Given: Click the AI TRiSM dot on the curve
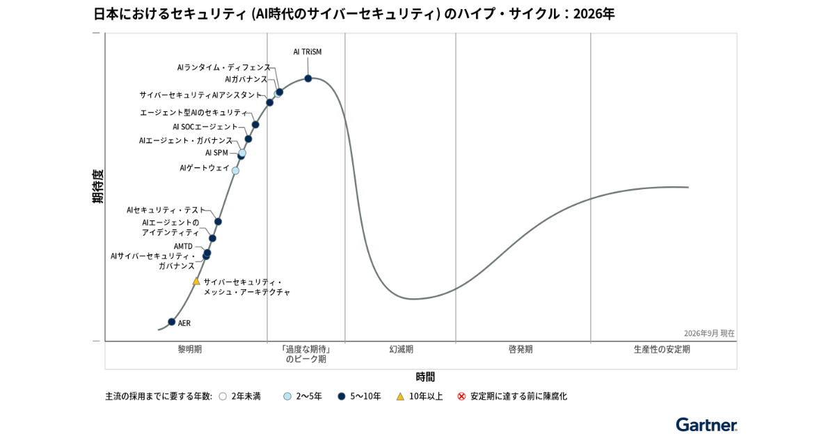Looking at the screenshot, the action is [308, 79].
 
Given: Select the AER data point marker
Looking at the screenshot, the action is [171, 322].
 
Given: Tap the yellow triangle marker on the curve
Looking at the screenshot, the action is [196, 282].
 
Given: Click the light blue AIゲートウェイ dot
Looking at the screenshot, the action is [235, 170].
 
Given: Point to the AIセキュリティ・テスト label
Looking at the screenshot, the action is [166, 210].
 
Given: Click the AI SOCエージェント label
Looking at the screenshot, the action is [205, 127].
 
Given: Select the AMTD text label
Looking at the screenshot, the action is [183, 247].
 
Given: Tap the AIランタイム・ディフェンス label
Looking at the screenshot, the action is [223, 67].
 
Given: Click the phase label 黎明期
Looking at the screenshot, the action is [190, 349].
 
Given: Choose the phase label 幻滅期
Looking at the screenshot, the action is [401, 349].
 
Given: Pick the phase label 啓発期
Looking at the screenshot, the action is [520, 349].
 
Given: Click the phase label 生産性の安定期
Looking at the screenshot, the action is [662, 349].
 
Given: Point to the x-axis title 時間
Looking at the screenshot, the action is [425, 377].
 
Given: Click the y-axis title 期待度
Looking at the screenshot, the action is [97, 186].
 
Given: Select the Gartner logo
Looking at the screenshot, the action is [706, 425].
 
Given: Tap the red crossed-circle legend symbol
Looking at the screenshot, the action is [461, 396].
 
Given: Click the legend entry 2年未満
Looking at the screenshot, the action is [246, 396].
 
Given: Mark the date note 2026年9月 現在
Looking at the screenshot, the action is [709, 333].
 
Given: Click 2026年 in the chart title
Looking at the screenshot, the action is [594, 14].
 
